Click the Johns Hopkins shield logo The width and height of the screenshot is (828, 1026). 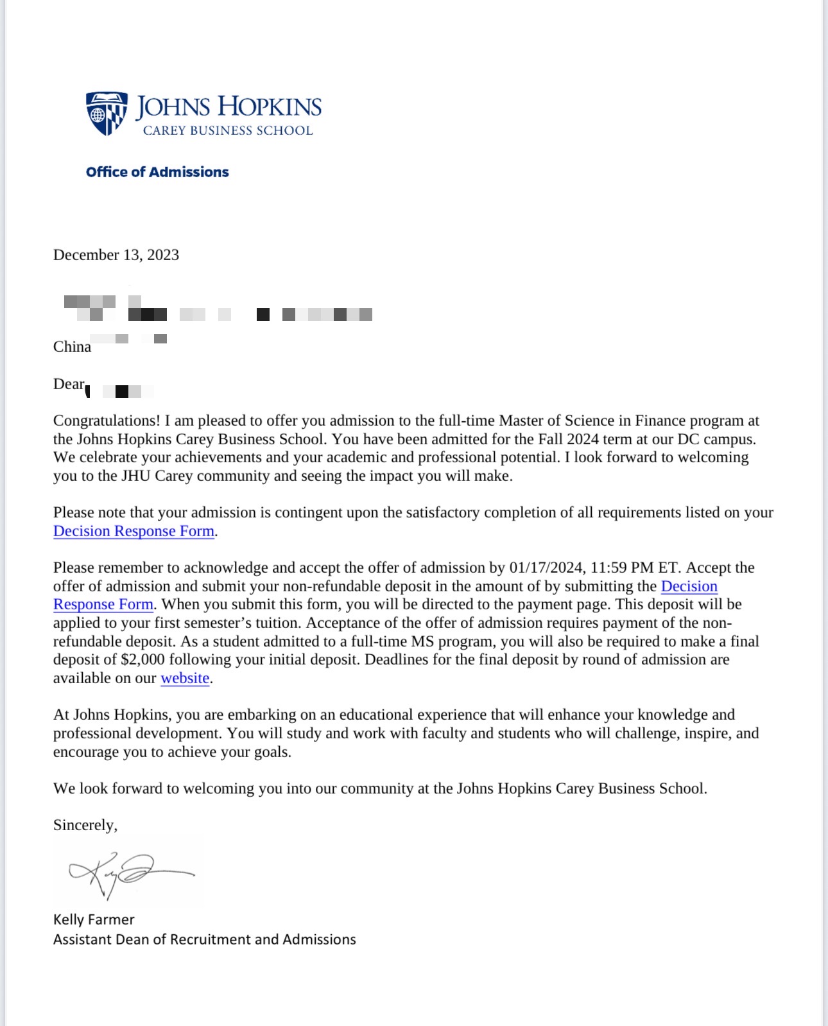point(107,113)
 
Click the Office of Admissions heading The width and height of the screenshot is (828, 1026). point(157,172)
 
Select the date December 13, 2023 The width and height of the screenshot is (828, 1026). point(116,255)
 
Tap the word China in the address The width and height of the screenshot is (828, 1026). point(72,347)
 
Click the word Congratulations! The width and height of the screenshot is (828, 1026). point(107,421)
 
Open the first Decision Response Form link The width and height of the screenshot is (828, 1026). point(134,531)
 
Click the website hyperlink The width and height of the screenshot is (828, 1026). point(185,678)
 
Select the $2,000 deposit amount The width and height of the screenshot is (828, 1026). point(142,659)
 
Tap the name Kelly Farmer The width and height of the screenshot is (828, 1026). point(94,919)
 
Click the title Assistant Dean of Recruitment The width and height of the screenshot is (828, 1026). point(204,939)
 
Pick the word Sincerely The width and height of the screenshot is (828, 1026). point(84,825)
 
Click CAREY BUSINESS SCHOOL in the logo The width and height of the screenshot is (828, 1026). point(228,130)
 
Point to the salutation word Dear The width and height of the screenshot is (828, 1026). point(69,384)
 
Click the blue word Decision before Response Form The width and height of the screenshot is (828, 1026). point(689,586)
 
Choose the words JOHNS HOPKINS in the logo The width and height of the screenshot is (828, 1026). point(229,107)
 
